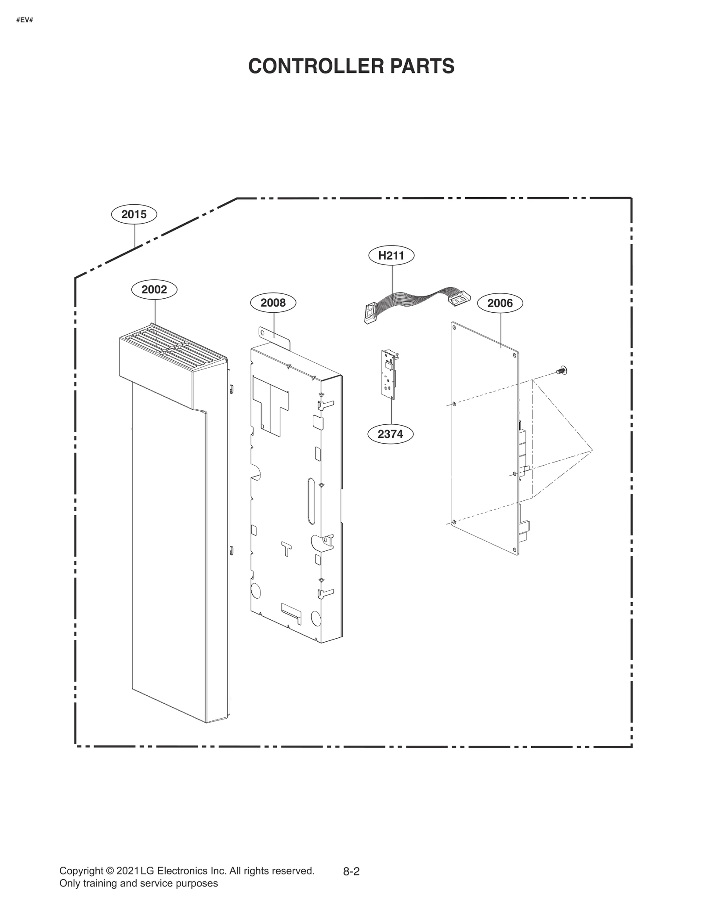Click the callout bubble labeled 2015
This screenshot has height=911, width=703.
pyautogui.click(x=134, y=214)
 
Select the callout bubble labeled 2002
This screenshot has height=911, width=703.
pyautogui.click(x=154, y=289)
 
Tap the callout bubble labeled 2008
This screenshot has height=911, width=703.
pyautogui.click(x=273, y=303)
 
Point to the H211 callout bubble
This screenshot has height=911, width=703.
pyautogui.click(x=391, y=255)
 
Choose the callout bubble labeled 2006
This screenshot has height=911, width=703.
pyautogui.click(x=500, y=303)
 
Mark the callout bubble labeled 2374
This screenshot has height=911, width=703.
pyautogui.click(x=390, y=434)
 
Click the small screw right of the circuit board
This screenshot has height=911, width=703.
pyautogui.click(x=561, y=371)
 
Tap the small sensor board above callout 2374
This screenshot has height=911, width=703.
pyautogui.click(x=389, y=374)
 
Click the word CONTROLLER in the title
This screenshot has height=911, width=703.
pyautogui.click(x=308, y=66)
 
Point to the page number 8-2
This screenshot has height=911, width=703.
pyautogui.click(x=351, y=872)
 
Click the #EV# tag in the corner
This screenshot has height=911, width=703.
pyautogui.click(x=25, y=21)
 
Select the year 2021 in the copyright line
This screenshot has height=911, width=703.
pyautogui.click(x=127, y=871)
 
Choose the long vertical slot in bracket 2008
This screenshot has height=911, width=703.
pyautogui.click(x=311, y=501)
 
